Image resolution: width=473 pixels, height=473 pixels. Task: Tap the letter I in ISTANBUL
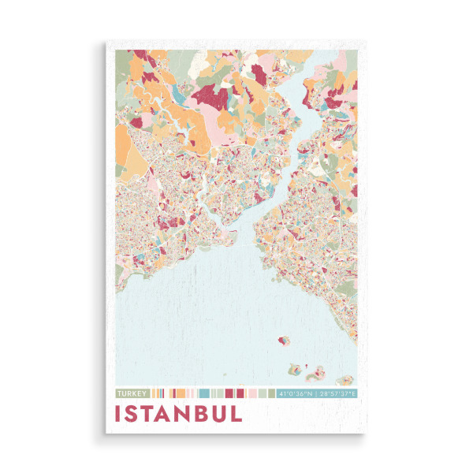coord(119,414)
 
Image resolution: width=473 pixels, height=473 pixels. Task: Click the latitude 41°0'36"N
coord(296,393)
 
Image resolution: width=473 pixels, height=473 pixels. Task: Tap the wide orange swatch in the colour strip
coord(179,393)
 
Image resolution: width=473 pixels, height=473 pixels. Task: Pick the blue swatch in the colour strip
coord(204,393)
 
